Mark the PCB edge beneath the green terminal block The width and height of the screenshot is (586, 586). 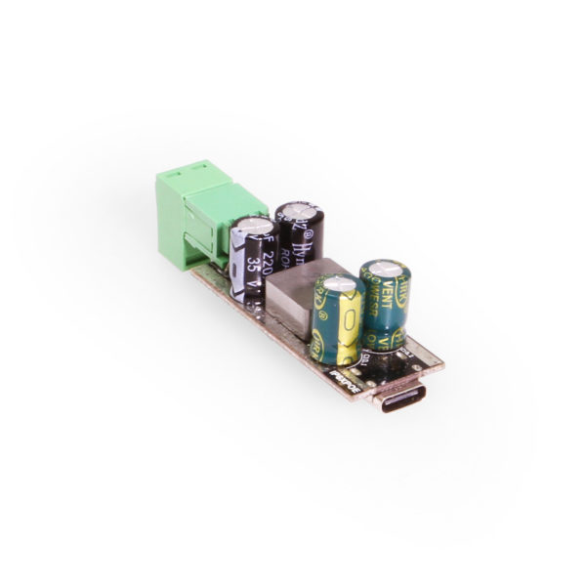210,283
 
